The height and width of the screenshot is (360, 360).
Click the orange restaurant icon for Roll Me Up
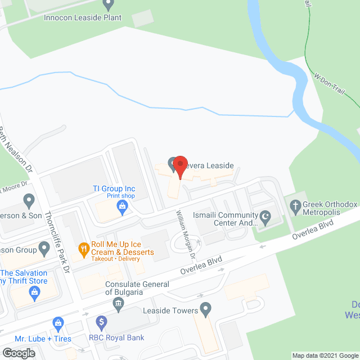84,247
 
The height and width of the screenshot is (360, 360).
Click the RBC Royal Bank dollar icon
101,322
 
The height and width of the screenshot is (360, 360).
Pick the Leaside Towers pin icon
206,310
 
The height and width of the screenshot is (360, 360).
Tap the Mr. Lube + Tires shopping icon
57,322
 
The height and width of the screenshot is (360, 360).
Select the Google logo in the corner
18,353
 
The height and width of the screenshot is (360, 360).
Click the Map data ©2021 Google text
325,355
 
